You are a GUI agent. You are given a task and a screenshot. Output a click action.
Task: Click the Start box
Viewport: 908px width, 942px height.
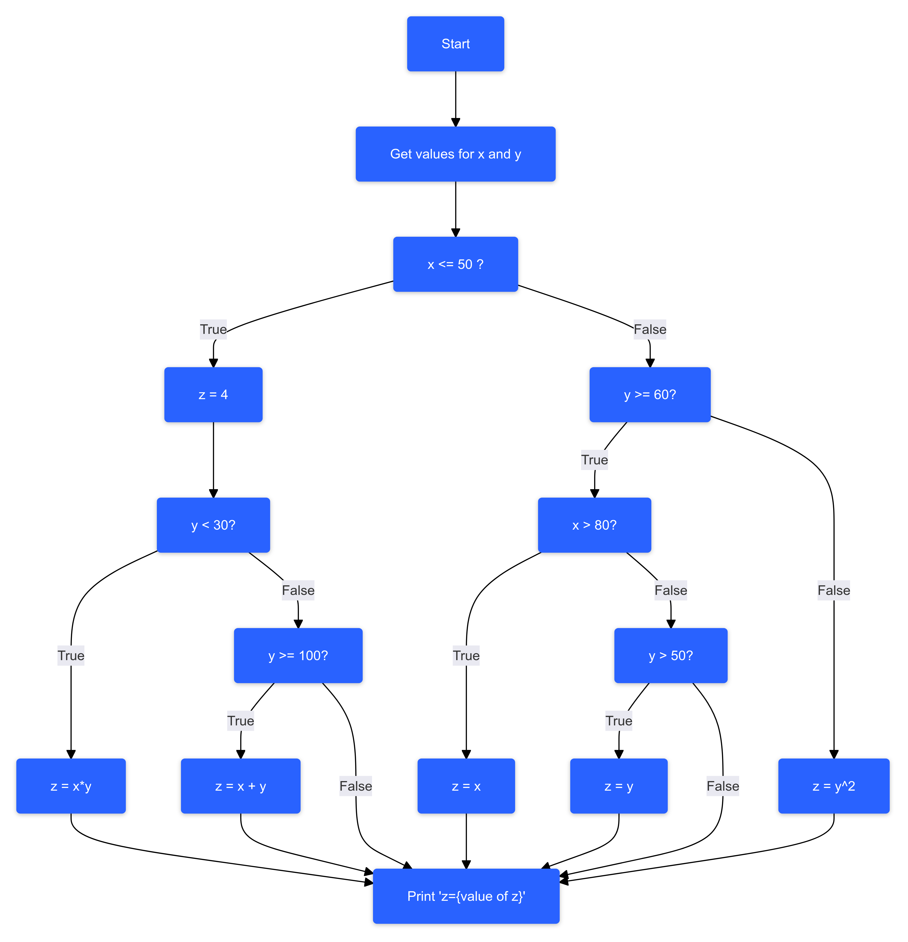tap(455, 44)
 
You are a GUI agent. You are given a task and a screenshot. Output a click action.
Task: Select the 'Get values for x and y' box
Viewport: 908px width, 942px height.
tap(455, 154)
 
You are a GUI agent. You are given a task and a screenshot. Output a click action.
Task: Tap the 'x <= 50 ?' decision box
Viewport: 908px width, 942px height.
tap(455, 264)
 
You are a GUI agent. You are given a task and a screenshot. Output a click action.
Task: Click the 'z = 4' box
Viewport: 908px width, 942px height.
tap(213, 394)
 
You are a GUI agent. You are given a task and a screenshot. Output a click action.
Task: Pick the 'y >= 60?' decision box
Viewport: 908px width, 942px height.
tap(649, 394)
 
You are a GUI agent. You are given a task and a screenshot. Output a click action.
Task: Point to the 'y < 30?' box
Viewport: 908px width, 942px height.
tap(213, 525)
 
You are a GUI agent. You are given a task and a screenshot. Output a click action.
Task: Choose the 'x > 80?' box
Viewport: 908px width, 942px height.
tap(594, 525)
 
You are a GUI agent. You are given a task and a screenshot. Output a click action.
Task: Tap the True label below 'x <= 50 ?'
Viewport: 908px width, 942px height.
tap(213, 329)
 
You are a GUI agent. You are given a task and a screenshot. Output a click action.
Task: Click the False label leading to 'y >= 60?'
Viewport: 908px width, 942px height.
tap(649, 329)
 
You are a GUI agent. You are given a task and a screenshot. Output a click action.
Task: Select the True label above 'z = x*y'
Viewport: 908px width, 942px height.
tap(71, 655)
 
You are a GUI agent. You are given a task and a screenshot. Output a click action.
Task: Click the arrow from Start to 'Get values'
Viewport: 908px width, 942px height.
tap(455, 99)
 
